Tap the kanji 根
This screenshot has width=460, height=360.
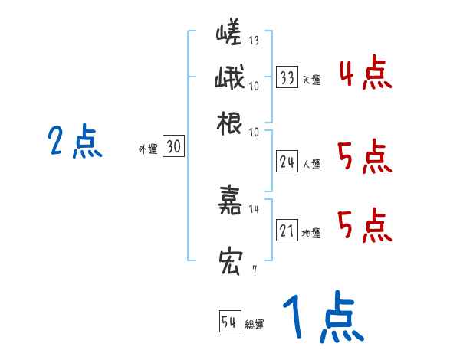point(230,122)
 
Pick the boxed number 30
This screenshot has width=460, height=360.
point(174,148)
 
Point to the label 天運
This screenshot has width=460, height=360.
point(311,80)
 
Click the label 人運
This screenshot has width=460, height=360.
point(311,163)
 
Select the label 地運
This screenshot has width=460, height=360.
point(311,233)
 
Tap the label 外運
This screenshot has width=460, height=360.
point(147,149)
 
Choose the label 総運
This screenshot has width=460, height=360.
point(255,324)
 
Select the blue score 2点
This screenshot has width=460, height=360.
point(74,142)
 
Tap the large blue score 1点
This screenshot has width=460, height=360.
point(321,316)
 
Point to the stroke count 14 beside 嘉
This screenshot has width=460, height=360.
point(255,208)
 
